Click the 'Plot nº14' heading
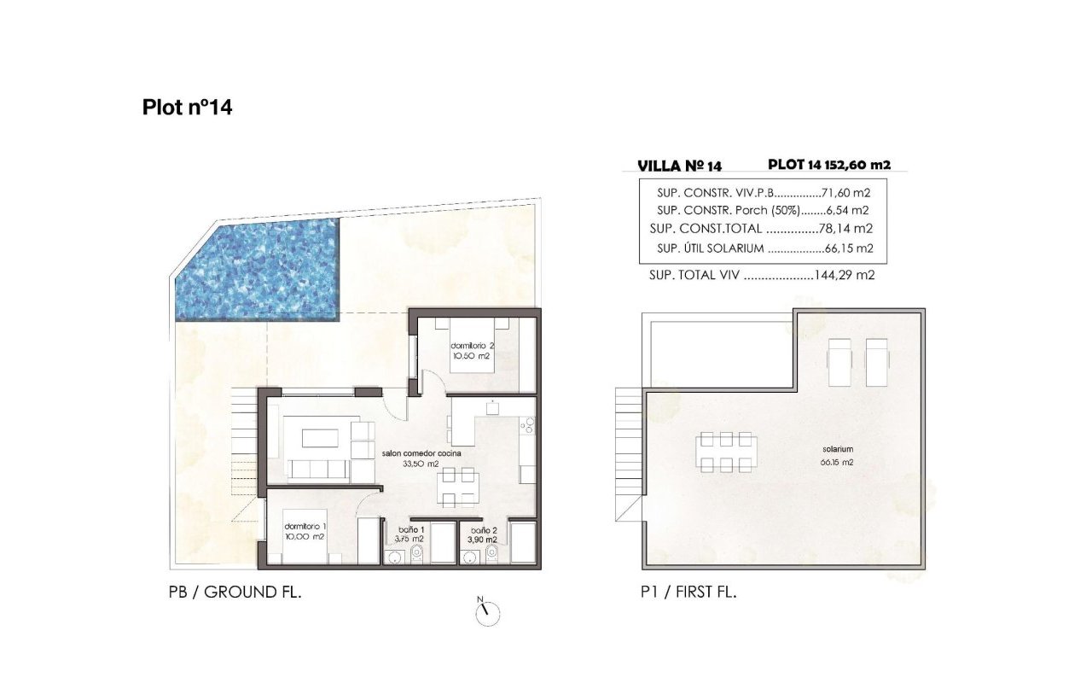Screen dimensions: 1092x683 tap(187, 108)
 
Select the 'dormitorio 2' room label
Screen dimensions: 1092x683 tap(473, 346)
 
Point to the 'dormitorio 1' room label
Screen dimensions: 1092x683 tap(305, 527)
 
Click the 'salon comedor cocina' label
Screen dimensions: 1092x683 tap(421, 453)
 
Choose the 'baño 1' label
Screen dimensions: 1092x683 tap(411, 529)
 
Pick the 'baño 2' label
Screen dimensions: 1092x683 tap(484, 530)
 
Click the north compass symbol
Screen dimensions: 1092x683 tap(487, 612)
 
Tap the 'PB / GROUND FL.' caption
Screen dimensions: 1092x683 tap(235, 593)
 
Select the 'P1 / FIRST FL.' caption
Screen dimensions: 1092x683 tap(688, 593)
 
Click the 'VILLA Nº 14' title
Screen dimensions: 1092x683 tap(680, 166)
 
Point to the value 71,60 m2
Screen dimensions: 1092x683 tap(845, 193)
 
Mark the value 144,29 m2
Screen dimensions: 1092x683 tap(845, 275)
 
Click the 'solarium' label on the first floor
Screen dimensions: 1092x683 tap(838, 449)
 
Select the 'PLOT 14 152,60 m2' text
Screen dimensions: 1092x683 tap(829, 165)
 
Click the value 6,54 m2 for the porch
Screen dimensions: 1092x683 tap(848, 211)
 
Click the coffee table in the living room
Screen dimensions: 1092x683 tap(320, 438)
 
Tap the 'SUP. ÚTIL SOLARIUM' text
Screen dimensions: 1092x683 tap(711, 248)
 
